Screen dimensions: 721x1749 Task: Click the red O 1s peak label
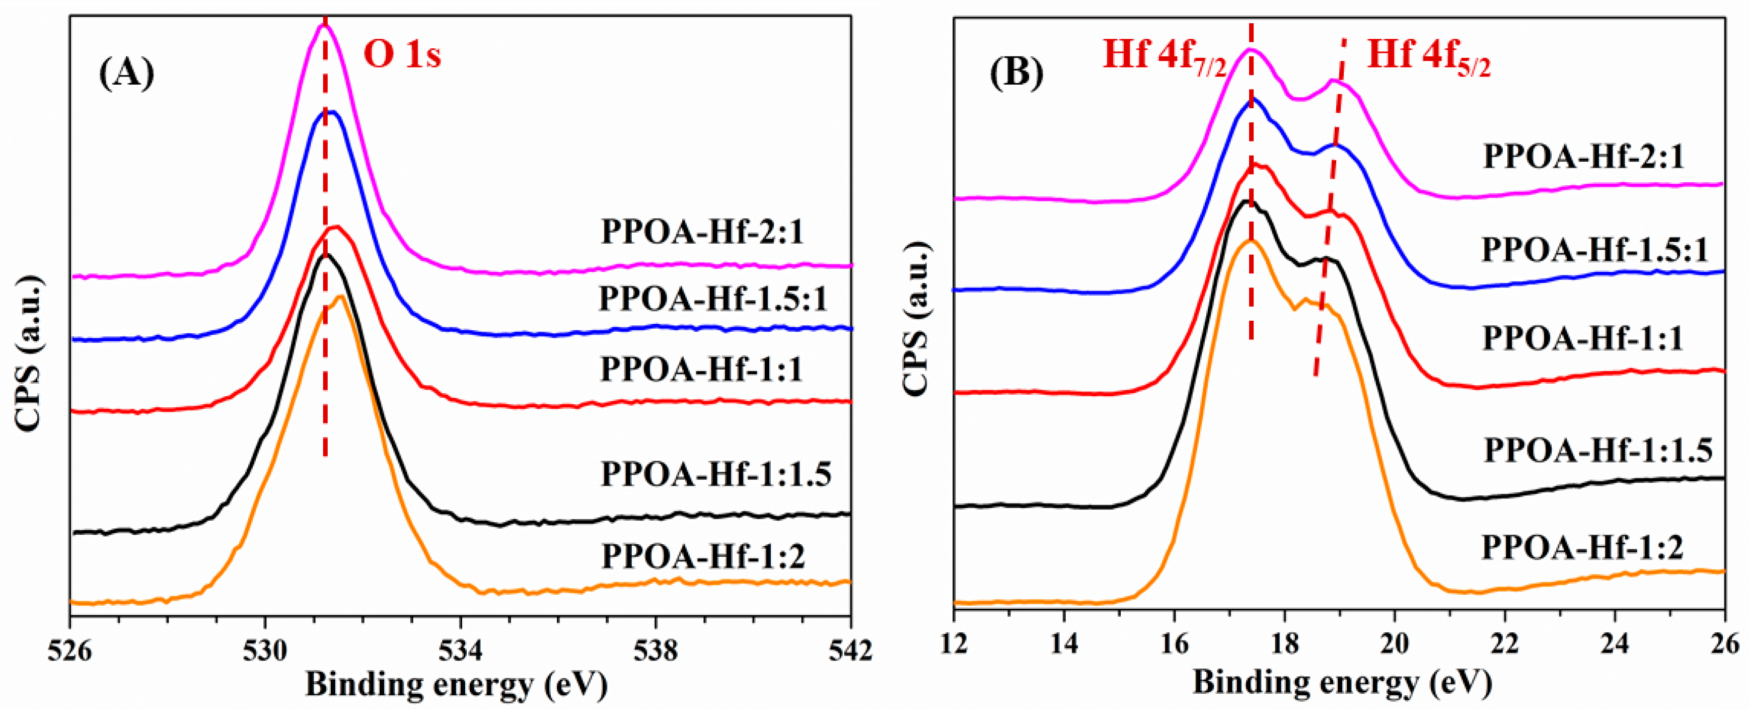pyautogui.click(x=402, y=54)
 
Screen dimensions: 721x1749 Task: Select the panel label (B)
pyautogui.click(x=1016, y=72)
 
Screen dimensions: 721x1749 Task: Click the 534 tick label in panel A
pyautogui.click(x=461, y=651)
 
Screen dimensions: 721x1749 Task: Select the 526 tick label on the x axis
pyautogui.click(x=69, y=651)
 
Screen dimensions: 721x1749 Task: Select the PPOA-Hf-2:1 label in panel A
pyautogui.click(x=702, y=232)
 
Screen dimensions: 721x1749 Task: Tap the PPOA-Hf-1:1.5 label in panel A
pyautogui.click(x=715, y=474)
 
